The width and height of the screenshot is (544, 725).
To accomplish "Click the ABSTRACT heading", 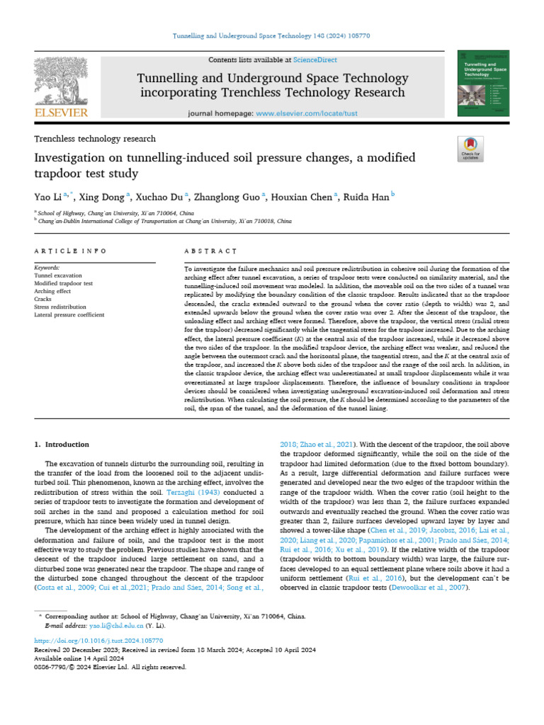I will coord(210,251).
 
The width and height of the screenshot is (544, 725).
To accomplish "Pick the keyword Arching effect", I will coord(52,290).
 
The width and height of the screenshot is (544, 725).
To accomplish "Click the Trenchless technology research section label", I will coord(95,139).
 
